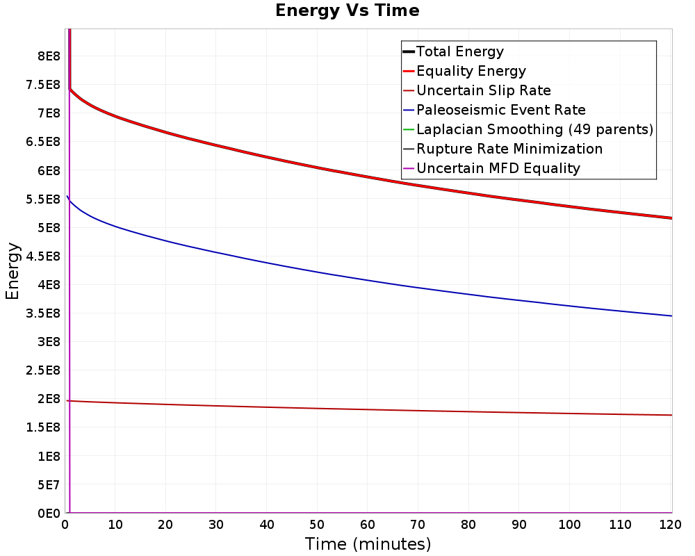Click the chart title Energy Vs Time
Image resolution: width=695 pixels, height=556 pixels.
(x=347, y=10)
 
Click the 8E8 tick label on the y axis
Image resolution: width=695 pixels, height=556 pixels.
(x=49, y=56)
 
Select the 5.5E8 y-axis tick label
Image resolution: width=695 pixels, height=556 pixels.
(x=43, y=199)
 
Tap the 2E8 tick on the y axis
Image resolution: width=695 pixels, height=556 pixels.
(x=49, y=399)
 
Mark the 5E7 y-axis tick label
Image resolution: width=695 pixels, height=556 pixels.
(x=49, y=484)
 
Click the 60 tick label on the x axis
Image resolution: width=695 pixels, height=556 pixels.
(x=368, y=525)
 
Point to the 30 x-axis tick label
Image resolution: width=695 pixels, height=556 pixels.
(x=216, y=525)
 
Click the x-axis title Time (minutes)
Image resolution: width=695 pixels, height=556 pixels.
(x=368, y=544)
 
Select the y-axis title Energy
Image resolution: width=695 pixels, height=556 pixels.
(x=13, y=271)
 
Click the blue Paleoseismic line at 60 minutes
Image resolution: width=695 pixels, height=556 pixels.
(x=368, y=280)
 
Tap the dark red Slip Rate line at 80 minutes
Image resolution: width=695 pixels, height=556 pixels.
(x=468, y=411)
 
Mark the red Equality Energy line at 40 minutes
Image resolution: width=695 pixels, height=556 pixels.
(x=266, y=157)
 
